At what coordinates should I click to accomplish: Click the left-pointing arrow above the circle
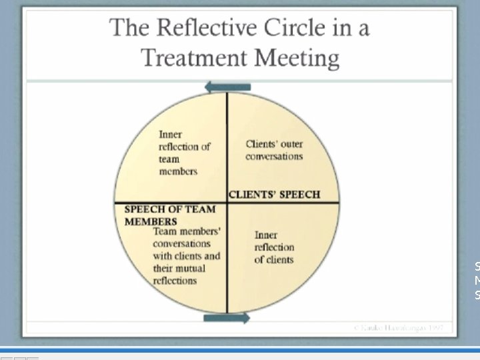coord(227,87)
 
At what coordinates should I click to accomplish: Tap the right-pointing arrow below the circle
coord(227,319)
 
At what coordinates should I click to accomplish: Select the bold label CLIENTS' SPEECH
coord(274,195)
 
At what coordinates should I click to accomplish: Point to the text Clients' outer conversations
coord(274,150)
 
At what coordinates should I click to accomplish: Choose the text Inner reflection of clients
coord(273,247)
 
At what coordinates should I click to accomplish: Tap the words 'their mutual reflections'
coord(178,275)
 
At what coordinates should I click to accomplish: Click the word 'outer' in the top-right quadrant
coord(291,143)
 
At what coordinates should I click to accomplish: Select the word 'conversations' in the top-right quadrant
coord(274,157)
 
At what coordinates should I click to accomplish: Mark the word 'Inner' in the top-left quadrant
coord(170,135)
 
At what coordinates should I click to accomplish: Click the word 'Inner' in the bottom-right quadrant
coord(266,235)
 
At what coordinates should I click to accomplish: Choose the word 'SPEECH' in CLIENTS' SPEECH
coord(299,195)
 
